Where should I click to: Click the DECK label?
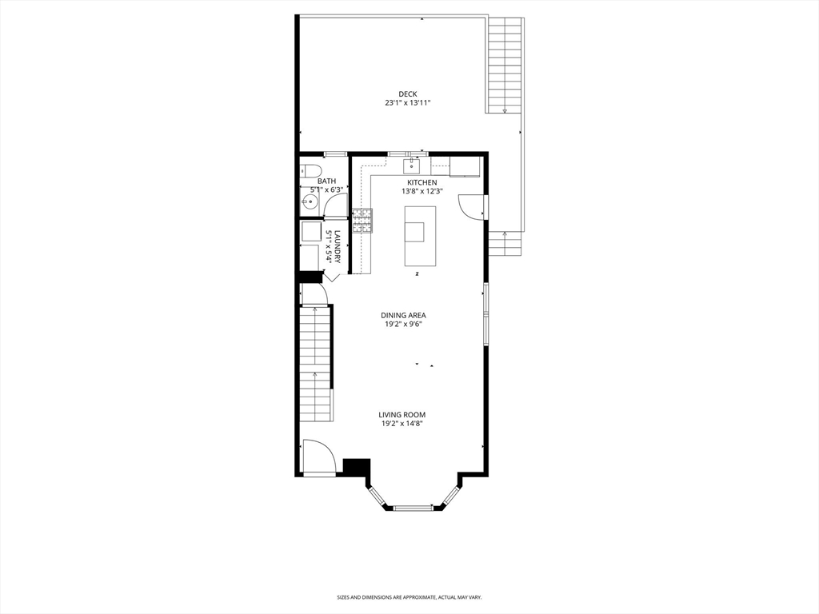point(408,94)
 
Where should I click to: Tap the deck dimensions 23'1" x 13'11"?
point(408,103)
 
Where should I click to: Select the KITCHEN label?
point(421,183)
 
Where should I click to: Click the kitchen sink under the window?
point(412,165)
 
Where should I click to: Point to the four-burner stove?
point(362,220)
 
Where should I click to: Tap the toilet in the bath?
point(311,170)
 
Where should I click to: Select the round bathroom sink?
point(310,202)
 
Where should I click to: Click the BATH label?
point(326,181)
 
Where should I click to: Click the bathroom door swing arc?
point(336,205)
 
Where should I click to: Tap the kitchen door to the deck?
point(472,206)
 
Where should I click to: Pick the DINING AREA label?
point(403,316)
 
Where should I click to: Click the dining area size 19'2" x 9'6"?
point(403,325)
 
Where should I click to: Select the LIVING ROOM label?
point(402,415)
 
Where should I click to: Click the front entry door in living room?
point(319,457)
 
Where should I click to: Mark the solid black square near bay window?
point(356,467)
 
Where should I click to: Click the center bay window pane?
point(413,507)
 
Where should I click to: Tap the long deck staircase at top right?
point(505,64)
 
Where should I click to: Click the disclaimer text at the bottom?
point(409,597)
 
